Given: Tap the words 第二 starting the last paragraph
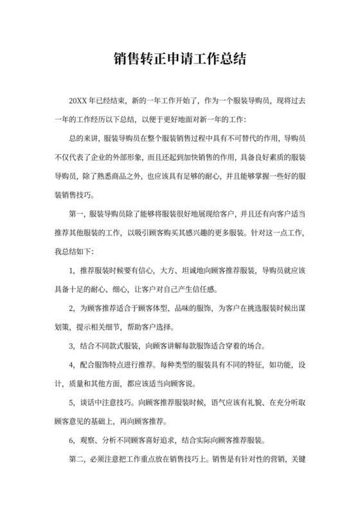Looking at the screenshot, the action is pyautogui.click(x=75, y=461).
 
